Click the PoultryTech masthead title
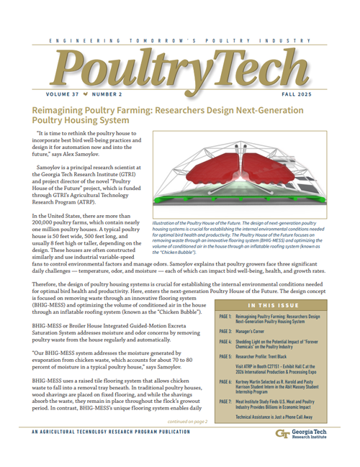(x=179, y=71)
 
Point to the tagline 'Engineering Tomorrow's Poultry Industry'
(x=180, y=42)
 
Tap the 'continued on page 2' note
(x=186, y=441)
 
